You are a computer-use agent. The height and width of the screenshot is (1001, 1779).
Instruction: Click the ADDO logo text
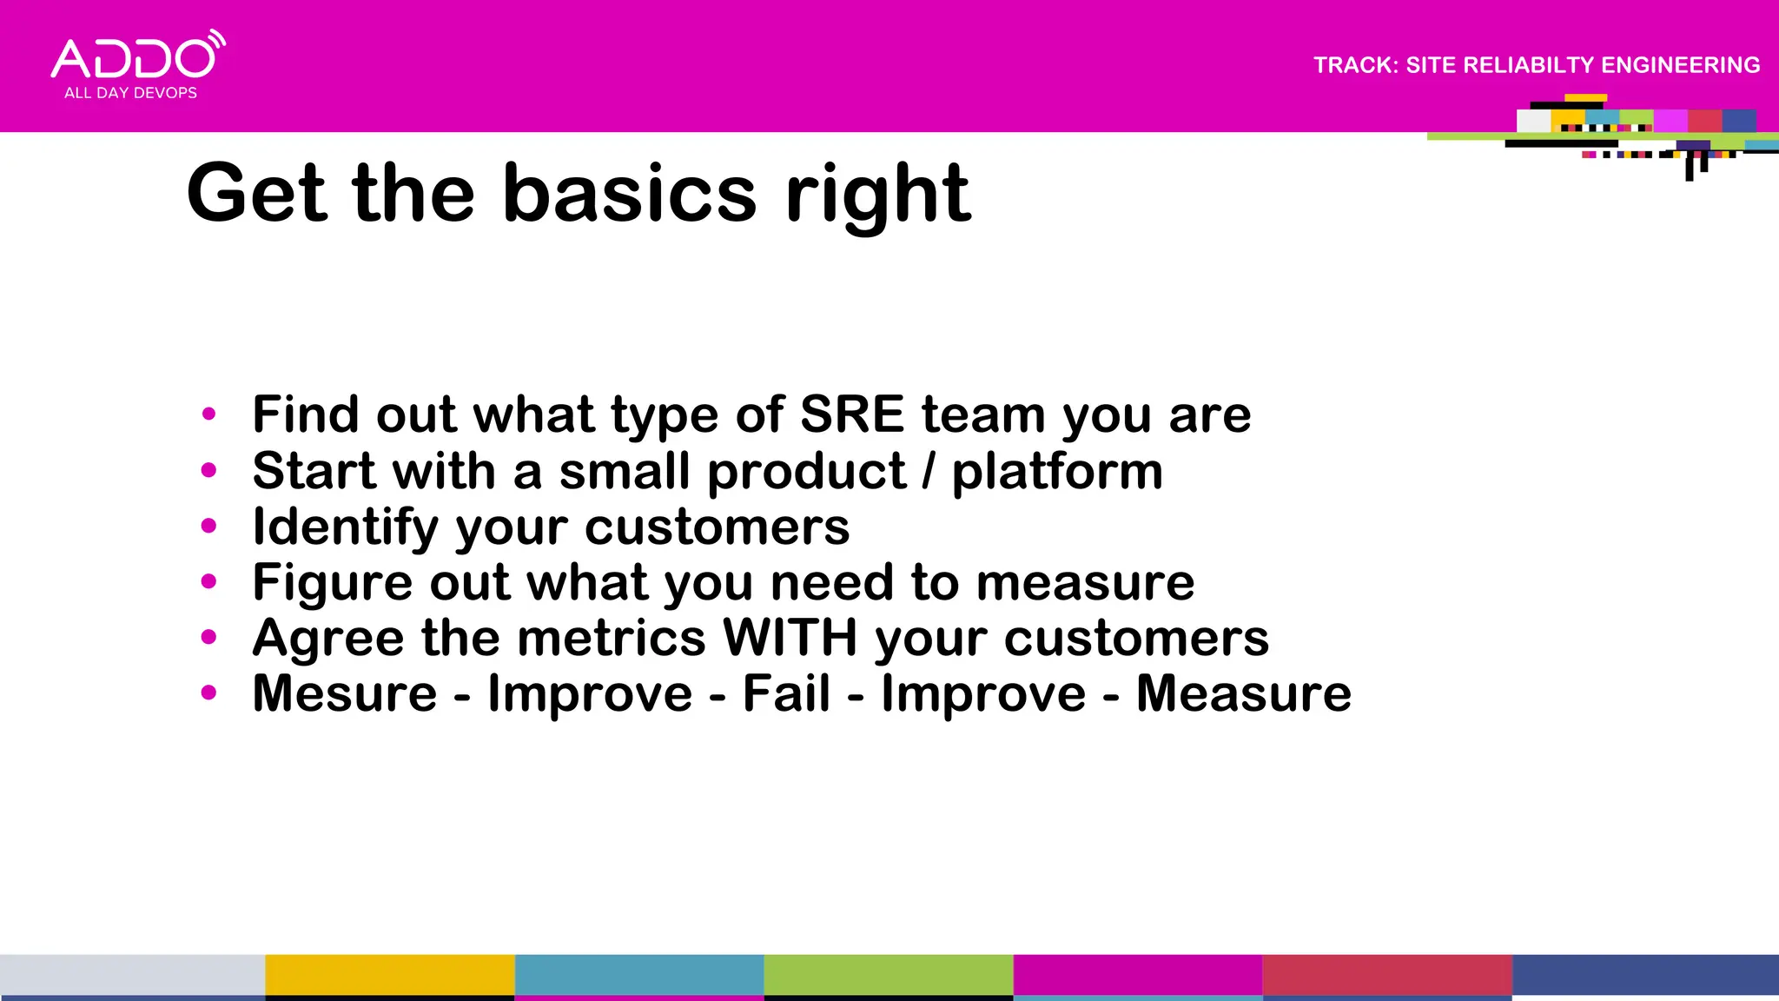click(x=133, y=58)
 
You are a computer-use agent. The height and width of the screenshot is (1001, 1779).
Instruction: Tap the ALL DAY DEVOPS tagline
click(x=130, y=93)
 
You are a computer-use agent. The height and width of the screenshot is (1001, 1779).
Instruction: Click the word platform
click(x=1057, y=472)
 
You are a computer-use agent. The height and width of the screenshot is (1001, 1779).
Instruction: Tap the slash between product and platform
click(x=929, y=472)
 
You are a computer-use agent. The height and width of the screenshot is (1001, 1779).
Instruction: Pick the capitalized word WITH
click(x=790, y=638)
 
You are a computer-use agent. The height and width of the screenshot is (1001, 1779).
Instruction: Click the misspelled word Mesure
click(x=345, y=693)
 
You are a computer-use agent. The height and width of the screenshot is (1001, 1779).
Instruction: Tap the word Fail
click(x=786, y=693)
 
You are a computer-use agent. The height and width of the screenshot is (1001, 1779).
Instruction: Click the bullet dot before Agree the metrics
click(x=208, y=638)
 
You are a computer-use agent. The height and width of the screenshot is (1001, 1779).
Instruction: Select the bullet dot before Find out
click(x=208, y=414)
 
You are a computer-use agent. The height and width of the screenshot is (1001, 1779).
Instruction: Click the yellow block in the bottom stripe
click(x=389, y=975)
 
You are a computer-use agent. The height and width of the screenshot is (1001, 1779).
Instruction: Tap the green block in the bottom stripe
click(x=888, y=975)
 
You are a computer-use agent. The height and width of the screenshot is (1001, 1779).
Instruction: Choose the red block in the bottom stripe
click(x=1386, y=975)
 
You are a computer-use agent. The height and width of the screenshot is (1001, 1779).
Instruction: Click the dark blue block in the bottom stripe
click(x=1645, y=975)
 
